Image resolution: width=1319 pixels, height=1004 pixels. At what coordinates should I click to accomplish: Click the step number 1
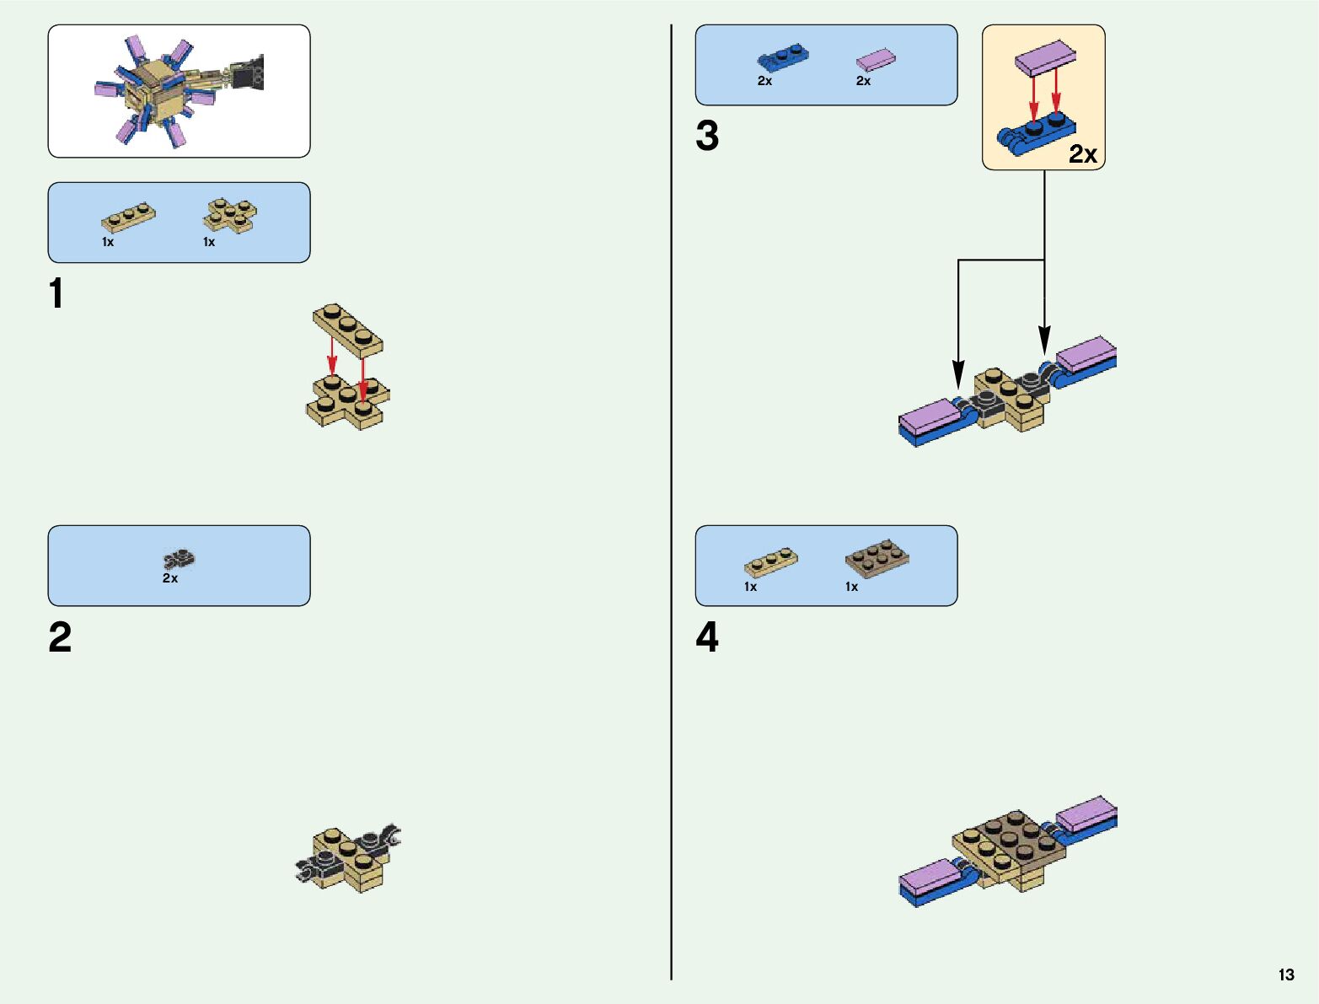pos(56,294)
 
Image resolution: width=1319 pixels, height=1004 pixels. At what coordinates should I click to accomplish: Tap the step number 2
pos(60,637)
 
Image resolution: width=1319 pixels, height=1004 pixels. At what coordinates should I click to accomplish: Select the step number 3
pos(707,137)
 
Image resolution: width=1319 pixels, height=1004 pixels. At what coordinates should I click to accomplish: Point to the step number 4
pos(707,637)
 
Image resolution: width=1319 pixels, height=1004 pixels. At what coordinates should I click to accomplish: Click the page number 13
pos(1285,974)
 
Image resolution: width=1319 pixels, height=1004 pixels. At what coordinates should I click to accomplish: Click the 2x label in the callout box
pos(1083,154)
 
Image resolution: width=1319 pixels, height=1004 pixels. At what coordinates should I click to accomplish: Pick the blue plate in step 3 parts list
pos(784,59)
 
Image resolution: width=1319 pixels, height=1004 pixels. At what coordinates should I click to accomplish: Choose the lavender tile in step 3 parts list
pos(876,59)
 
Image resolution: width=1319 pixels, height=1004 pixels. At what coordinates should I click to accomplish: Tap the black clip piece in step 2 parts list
pos(179,558)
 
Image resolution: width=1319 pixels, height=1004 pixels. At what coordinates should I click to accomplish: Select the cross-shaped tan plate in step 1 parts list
pos(230,214)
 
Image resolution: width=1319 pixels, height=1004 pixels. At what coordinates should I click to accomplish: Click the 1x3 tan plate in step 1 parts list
pos(128,218)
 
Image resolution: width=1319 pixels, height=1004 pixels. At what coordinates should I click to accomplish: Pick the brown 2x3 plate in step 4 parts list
pos(877,559)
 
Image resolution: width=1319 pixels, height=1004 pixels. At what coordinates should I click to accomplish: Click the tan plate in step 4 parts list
pos(770,563)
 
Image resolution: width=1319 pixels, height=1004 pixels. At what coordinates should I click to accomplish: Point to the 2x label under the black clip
pos(170,578)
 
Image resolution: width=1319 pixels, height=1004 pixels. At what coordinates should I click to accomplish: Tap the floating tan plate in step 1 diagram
pos(347,327)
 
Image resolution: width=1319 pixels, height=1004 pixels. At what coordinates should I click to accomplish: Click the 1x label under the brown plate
pos(851,587)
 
